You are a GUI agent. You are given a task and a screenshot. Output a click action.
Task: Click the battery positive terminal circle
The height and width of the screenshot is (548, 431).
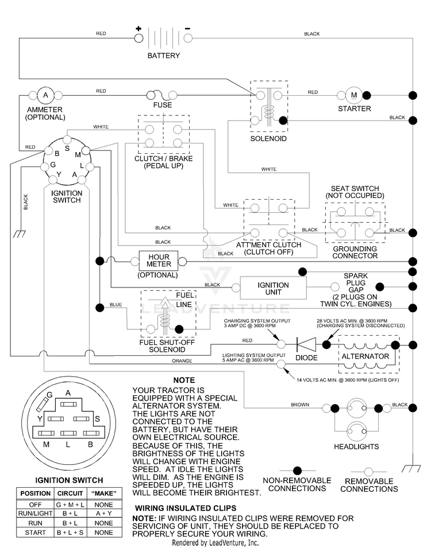point(138,38)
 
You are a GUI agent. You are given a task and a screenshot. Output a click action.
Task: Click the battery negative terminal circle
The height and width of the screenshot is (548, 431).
point(188,38)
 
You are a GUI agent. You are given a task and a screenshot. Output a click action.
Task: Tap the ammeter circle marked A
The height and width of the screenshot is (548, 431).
point(45,95)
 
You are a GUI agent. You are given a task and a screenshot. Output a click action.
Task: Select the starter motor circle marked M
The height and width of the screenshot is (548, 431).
point(354,95)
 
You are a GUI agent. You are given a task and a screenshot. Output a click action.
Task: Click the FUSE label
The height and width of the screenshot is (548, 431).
point(163,105)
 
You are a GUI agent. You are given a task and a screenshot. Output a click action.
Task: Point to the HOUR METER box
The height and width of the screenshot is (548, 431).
point(159,261)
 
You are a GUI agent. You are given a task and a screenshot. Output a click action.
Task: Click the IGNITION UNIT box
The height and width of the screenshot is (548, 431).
point(273,288)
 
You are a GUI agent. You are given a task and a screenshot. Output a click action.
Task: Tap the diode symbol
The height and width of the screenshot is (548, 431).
point(306,345)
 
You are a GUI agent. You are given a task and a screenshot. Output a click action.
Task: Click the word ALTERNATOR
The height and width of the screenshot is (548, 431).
point(365,356)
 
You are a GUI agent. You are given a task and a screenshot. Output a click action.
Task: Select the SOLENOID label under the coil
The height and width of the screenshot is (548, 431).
point(268,139)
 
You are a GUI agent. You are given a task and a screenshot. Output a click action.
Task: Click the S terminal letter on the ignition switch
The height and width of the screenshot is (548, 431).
point(67,148)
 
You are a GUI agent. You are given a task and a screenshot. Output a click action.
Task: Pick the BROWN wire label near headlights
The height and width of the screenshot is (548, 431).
point(300,405)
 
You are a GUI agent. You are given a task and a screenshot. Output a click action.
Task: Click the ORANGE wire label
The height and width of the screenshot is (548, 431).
point(182,361)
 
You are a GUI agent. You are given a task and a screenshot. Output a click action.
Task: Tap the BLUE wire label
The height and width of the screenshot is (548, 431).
point(116,305)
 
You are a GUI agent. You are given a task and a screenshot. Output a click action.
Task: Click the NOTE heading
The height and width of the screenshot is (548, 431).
point(184,380)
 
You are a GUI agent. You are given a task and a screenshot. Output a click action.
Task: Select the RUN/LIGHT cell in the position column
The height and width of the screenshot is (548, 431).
point(35,514)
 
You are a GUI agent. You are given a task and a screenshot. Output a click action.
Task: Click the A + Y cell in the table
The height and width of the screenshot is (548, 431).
point(103,514)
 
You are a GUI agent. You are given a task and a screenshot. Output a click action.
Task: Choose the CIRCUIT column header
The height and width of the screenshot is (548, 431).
point(70,493)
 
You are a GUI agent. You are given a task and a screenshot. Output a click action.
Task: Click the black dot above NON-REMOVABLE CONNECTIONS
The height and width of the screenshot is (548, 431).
point(297,471)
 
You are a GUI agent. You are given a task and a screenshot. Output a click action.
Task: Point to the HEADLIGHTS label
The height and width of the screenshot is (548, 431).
point(356,446)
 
